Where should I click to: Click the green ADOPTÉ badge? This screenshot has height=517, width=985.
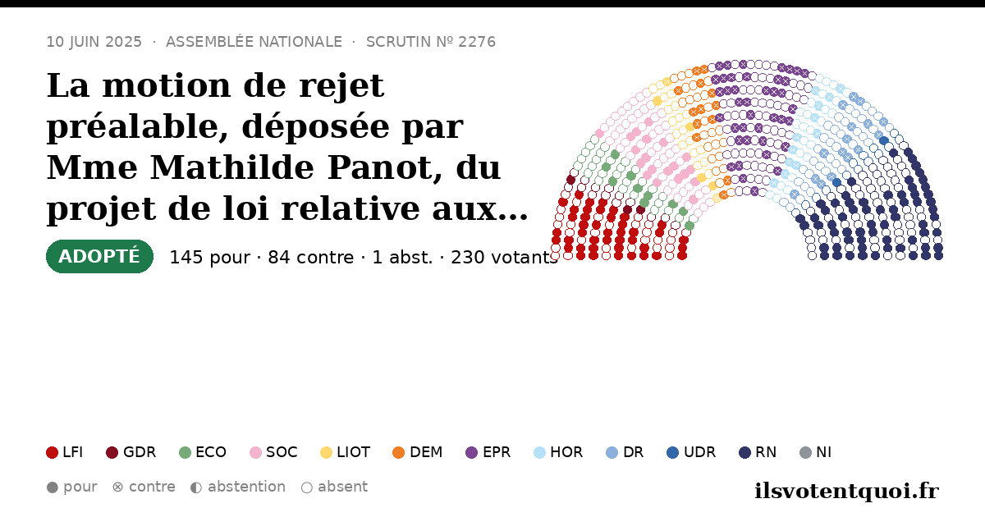100,256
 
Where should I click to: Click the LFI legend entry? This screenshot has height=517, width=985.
65,452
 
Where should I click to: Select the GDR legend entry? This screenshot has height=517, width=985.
131,452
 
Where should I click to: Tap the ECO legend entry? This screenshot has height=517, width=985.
203,452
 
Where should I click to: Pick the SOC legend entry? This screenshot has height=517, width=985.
273,452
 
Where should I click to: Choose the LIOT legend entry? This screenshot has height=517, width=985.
346,452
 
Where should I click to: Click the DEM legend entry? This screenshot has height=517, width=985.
417,452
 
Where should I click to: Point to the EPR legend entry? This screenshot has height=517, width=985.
488,452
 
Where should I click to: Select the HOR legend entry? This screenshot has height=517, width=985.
558,452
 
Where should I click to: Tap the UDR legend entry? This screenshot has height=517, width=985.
691,452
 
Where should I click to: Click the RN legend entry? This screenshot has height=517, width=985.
758,452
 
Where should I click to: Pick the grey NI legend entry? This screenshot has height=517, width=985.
816,452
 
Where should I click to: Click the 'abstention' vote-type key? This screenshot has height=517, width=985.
238,487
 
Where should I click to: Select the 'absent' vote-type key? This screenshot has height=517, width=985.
334,487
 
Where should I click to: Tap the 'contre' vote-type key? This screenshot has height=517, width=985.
144,487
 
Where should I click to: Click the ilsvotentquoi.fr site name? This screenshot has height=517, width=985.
846,491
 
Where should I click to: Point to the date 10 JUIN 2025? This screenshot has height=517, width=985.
94,42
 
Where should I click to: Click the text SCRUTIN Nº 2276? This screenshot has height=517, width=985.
431,42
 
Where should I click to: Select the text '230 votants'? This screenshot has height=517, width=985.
504,258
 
